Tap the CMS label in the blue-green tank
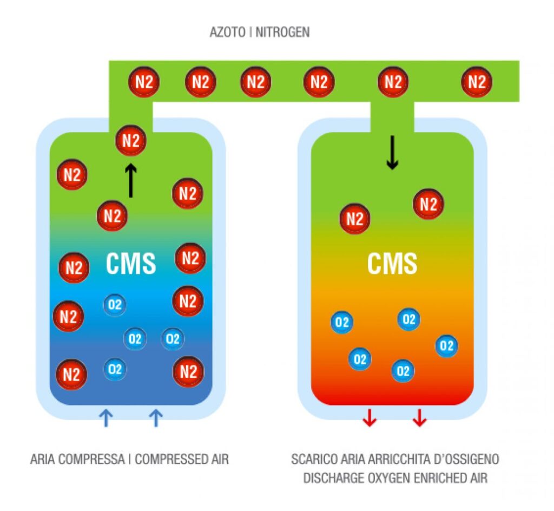130,264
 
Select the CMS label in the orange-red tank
392,264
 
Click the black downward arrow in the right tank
392,153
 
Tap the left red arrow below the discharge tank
369,418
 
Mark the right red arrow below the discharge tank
418,418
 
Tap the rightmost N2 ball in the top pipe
477,82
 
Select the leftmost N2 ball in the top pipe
143,82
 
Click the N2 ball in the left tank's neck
131,141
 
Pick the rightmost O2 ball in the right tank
446,345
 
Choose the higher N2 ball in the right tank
428,204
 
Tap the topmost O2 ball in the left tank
115,305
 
